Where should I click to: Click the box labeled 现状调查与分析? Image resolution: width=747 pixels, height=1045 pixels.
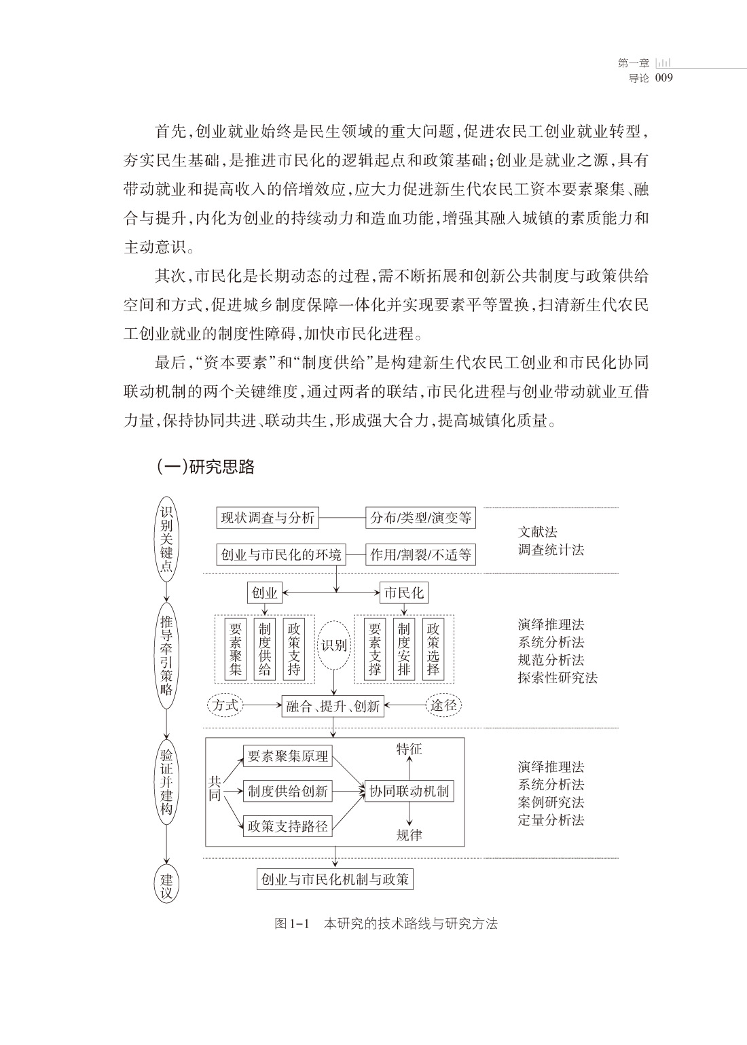point(268,518)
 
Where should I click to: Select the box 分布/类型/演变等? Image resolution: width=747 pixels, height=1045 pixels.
point(420,518)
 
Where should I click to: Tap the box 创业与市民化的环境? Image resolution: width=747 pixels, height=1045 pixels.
point(281,554)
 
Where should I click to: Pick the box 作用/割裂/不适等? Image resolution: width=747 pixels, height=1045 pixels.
point(420,554)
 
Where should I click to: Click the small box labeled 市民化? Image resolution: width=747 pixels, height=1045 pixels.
point(403,592)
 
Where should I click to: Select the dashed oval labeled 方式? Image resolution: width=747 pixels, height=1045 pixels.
point(225,705)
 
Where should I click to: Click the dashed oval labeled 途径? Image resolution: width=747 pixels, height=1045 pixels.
point(443,705)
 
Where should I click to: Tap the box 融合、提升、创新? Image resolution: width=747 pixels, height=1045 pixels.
point(333,706)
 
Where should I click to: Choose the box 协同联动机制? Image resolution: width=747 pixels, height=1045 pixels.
point(409,791)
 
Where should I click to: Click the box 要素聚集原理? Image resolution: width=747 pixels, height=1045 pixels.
point(288,756)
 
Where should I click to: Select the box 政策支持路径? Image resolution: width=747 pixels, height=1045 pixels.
point(288,826)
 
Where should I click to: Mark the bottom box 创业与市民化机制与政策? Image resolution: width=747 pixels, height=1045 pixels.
point(335,879)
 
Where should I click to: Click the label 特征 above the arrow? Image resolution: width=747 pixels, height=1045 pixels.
point(409,749)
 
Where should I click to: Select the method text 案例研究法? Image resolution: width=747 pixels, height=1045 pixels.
point(551,802)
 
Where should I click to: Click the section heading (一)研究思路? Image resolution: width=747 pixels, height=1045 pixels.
point(205,467)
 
